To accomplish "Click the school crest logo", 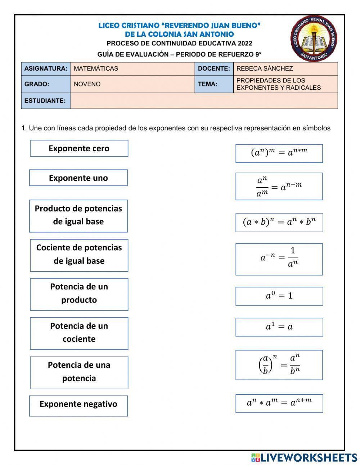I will coord(314,39).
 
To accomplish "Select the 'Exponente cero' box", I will coord(79,148).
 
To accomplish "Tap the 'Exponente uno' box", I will coord(78,178).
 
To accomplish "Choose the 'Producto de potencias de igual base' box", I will coord(78,216).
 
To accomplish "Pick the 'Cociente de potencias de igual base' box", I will coord(79,255).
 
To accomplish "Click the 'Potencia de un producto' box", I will coord(79,294).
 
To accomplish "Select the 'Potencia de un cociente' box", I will coord(79,333).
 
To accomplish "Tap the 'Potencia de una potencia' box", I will coord(79,372).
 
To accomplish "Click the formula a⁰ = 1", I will coord(279,296).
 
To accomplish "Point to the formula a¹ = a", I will coord(279,327).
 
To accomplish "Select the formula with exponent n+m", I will coord(279,403).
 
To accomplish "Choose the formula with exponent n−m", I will coord(279,187).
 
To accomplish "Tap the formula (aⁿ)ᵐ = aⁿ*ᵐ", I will coord(279,153).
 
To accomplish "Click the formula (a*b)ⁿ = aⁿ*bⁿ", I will coord(279,223).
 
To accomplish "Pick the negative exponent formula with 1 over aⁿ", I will coord(279,259).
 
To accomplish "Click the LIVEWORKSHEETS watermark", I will coord(304,457).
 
